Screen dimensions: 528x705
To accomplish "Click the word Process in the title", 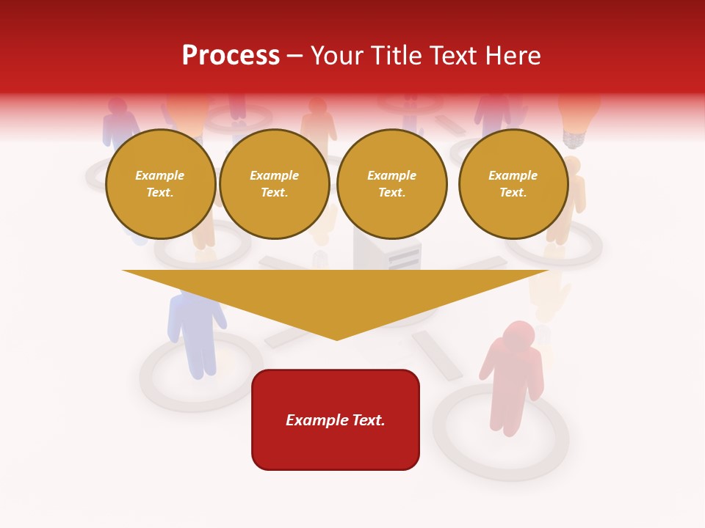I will (x=231, y=56).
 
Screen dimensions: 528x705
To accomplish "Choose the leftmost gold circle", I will (x=160, y=184).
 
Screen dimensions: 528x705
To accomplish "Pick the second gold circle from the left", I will (x=275, y=184).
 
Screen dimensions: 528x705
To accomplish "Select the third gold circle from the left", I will (x=392, y=184).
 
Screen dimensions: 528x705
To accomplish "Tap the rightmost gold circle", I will (x=513, y=184).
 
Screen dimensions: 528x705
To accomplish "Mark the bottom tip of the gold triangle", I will (x=337, y=338).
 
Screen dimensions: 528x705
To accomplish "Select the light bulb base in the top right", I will (x=572, y=137).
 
